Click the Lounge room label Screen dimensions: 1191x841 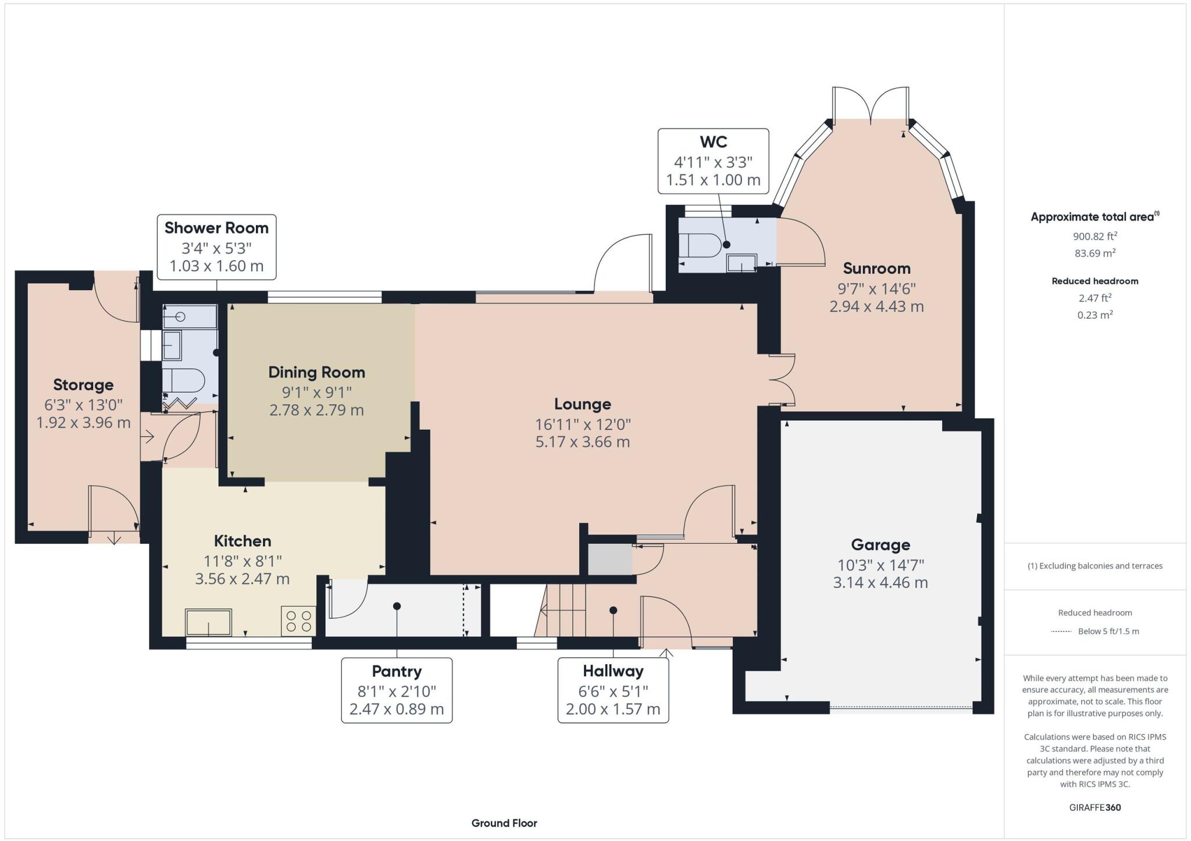582,404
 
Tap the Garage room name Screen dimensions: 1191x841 880,545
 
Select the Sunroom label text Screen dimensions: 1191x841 876,269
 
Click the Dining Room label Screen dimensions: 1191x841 316,373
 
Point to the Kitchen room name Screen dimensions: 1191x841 243,541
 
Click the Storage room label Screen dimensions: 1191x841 83,385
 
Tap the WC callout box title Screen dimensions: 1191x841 713,142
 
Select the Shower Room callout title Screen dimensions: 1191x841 216,228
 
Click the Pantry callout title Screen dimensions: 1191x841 397,672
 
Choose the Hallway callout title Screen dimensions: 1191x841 613,671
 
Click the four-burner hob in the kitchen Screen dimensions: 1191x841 298,621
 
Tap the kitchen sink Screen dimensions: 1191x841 208,622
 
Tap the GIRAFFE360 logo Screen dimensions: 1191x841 1095,807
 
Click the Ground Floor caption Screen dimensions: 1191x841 504,823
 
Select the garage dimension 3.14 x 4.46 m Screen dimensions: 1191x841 880,582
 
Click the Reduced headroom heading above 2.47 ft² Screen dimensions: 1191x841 1094,281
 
